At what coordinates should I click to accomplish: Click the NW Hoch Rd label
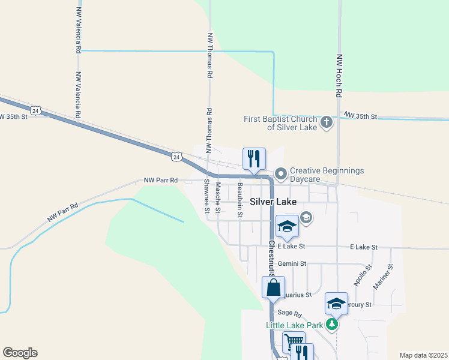[x=339, y=76]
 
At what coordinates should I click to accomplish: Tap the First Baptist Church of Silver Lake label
[x=280, y=123]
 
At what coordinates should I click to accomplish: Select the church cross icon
[x=326, y=123]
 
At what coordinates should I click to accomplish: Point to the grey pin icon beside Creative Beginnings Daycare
[x=280, y=174]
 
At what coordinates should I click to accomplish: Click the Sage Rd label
[x=289, y=313]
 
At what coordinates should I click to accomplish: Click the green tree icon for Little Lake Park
[x=331, y=325]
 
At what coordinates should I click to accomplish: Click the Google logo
[x=20, y=353]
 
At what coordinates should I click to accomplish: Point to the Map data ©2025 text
[x=423, y=355]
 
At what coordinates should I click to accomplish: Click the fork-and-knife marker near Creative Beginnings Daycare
[x=254, y=158]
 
